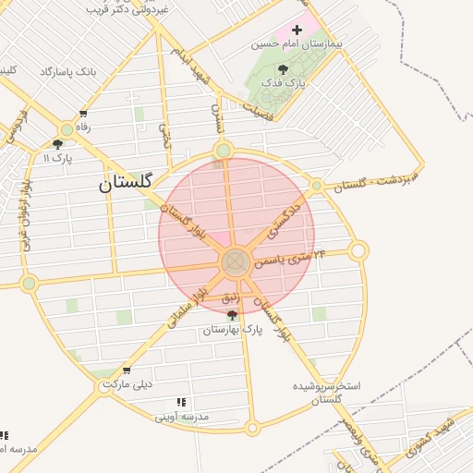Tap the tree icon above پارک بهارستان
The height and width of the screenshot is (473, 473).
pos(231,315)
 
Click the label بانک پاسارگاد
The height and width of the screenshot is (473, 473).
pos(68,71)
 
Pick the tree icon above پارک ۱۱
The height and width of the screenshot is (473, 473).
pos(57,144)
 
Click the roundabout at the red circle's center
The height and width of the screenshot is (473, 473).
pos(235,262)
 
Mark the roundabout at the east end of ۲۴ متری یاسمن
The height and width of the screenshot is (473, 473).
pos(358,250)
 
